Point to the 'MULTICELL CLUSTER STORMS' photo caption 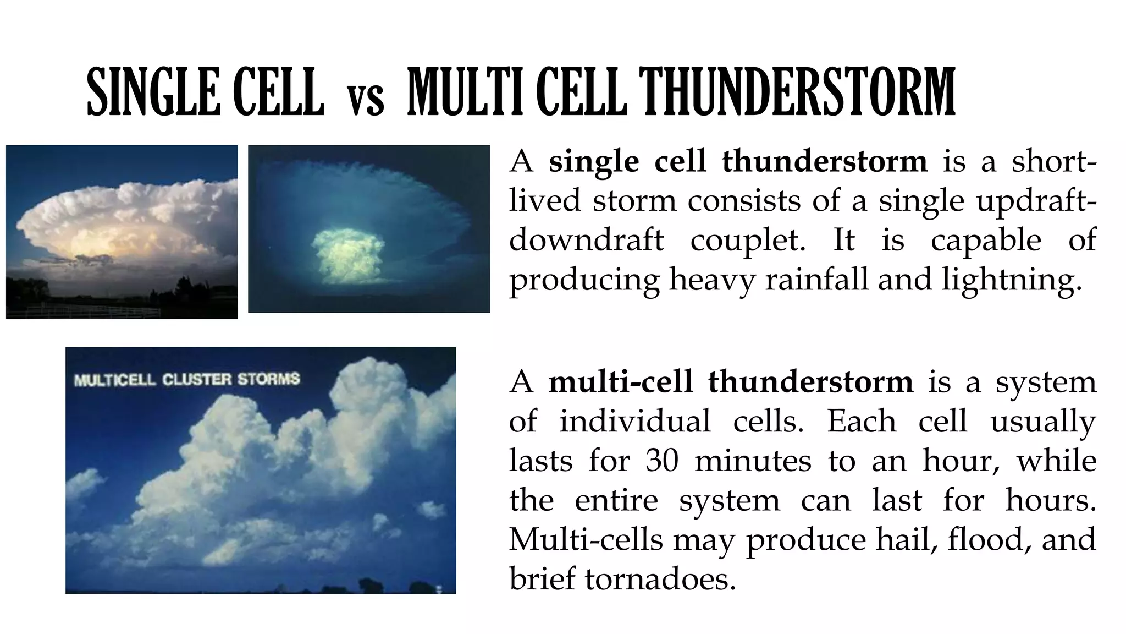[187, 380]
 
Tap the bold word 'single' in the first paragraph [594, 162]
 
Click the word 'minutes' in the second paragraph [753, 461]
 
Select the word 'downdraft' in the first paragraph [586, 241]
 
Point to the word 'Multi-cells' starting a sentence [586, 539]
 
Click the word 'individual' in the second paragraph [635, 422]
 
